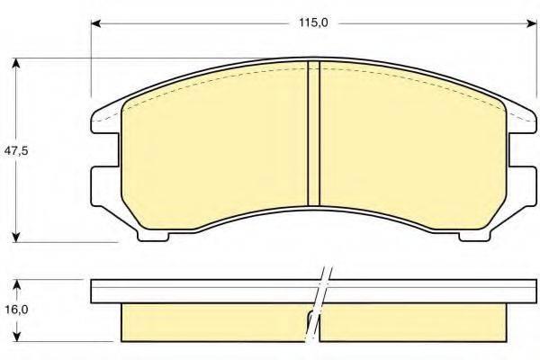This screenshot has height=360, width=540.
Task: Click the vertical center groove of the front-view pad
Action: (x=315, y=135)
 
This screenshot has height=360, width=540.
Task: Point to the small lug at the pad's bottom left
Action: (x=157, y=238)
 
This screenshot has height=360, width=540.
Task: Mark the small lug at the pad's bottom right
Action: (x=472, y=238)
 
